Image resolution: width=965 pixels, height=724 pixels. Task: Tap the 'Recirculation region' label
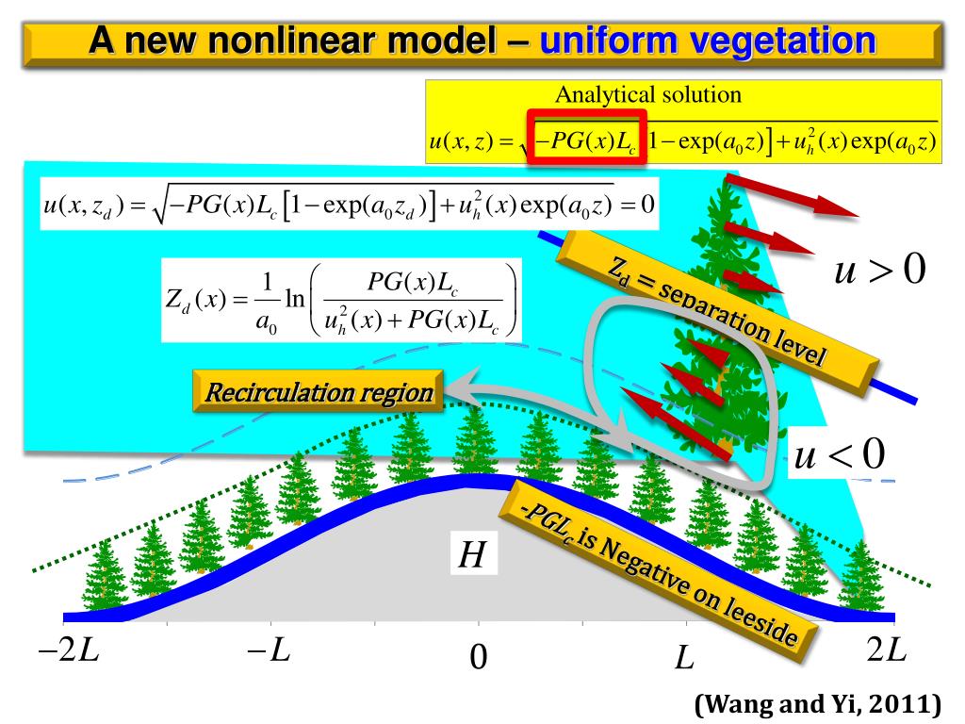[x=319, y=392]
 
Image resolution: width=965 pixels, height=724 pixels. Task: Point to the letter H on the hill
[x=471, y=555]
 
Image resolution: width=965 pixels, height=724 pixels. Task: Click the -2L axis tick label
[x=69, y=653]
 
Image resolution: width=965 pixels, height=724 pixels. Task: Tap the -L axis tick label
[x=269, y=652]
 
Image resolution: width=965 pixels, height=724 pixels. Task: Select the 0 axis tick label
[x=478, y=657]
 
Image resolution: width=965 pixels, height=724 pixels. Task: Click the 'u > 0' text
[x=880, y=271]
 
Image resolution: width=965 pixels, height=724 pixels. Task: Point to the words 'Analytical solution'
[x=647, y=94]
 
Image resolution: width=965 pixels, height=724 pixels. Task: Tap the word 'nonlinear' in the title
[x=282, y=41]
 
